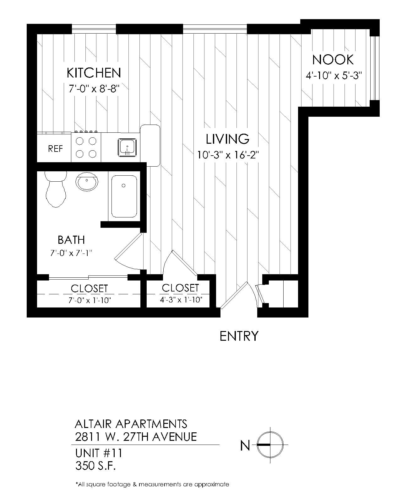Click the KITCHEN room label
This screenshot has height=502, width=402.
pyautogui.click(x=94, y=73)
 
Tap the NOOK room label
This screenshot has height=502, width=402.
pyautogui.click(x=333, y=60)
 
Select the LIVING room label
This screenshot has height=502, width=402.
pyautogui.click(x=227, y=139)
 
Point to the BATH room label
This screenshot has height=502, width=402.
pyautogui.click(x=71, y=240)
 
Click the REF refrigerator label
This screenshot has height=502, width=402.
pyautogui.click(x=55, y=149)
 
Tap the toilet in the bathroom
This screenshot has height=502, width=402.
pyautogui.click(x=56, y=189)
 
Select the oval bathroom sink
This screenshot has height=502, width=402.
pyautogui.click(x=87, y=182)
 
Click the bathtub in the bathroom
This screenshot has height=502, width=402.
pyautogui.click(x=124, y=196)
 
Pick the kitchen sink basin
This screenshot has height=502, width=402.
pyautogui.click(x=127, y=147)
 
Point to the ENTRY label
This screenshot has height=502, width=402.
pyautogui.click(x=239, y=336)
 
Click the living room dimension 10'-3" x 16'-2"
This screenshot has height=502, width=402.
pyautogui.click(x=228, y=155)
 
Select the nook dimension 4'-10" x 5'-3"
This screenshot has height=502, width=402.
pyautogui.click(x=334, y=76)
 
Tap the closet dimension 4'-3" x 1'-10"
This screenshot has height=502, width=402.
pyautogui.click(x=181, y=300)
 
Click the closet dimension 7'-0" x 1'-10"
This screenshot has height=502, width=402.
pyautogui.click(x=90, y=300)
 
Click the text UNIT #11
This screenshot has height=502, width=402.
pyautogui.click(x=99, y=453)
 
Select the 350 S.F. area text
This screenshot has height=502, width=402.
pyautogui.click(x=95, y=466)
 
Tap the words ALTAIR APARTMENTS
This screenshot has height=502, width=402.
pyautogui.click(x=131, y=424)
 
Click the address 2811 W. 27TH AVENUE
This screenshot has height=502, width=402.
pyautogui.click(x=136, y=437)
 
